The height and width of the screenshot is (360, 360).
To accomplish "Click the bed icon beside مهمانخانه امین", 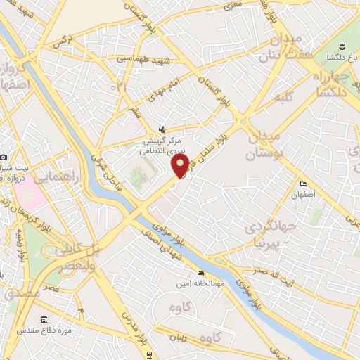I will (x=200, y=274).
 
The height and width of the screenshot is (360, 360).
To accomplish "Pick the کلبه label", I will (x=284, y=98).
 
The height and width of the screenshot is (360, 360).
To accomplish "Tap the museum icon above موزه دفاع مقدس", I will (x=44, y=320).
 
